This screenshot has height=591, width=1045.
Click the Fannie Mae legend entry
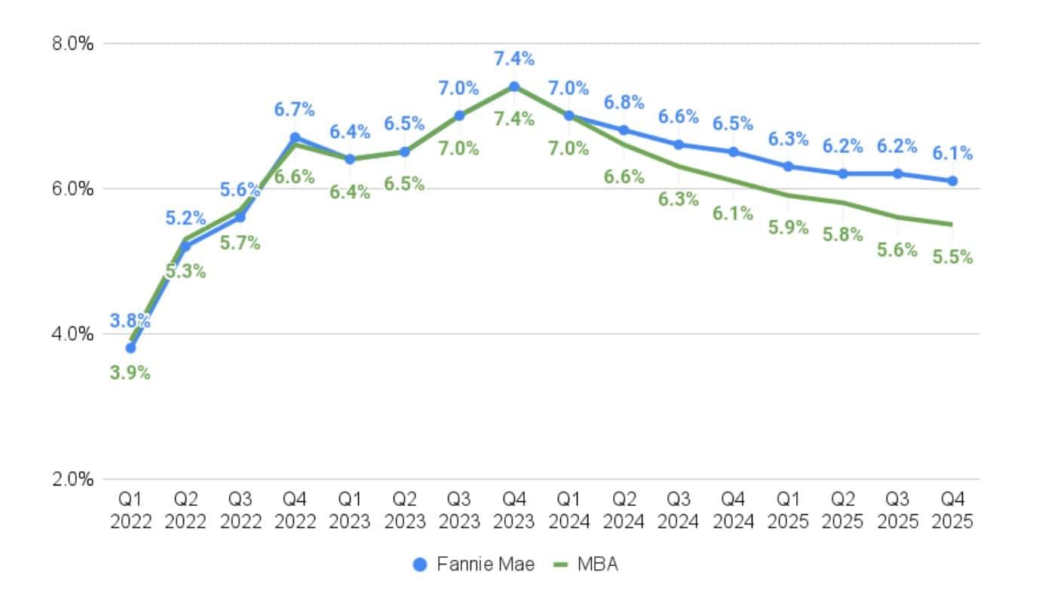pyautogui.click(x=474, y=565)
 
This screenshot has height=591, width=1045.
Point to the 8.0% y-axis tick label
pyautogui.click(x=73, y=44)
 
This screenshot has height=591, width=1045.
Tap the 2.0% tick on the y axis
pyautogui.click(x=73, y=479)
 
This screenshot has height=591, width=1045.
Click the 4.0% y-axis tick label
pyautogui.click(x=73, y=334)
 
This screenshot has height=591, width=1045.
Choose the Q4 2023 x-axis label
pyautogui.click(x=513, y=510)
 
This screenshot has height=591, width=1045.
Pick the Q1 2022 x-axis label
pyautogui.click(x=130, y=510)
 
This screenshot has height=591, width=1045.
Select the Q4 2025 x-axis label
pyautogui.click(x=952, y=510)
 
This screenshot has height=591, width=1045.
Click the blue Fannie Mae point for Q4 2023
pyautogui.click(x=513, y=87)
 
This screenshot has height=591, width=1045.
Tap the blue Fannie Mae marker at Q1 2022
pyautogui.click(x=130, y=348)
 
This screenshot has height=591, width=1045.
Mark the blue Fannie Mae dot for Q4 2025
pyautogui.click(x=952, y=181)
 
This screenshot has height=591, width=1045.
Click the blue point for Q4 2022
pyautogui.click(x=295, y=138)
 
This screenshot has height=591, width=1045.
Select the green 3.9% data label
pyautogui.click(x=130, y=373)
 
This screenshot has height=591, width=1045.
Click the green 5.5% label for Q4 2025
pyautogui.click(x=952, y=257)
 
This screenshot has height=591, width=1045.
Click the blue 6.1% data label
pyautogui.click(x=952, y=154)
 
